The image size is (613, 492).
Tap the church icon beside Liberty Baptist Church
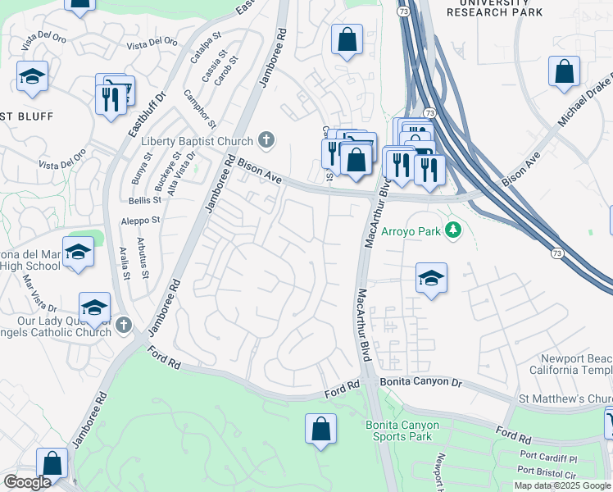tap(266, 140)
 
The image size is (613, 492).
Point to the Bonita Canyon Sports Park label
tap(402, 430)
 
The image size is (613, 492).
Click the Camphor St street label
tap(200, 108)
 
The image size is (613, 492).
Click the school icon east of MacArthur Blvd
tap(430, 276)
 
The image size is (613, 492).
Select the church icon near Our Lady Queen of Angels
tap(123, 325)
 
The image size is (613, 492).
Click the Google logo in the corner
tap(27, 482)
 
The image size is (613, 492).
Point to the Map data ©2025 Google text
tap(561, 485)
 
